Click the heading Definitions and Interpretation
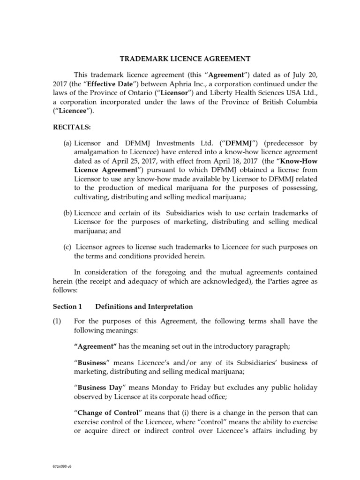click(x=144, y=307)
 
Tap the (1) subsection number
click(x=57, y=321)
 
